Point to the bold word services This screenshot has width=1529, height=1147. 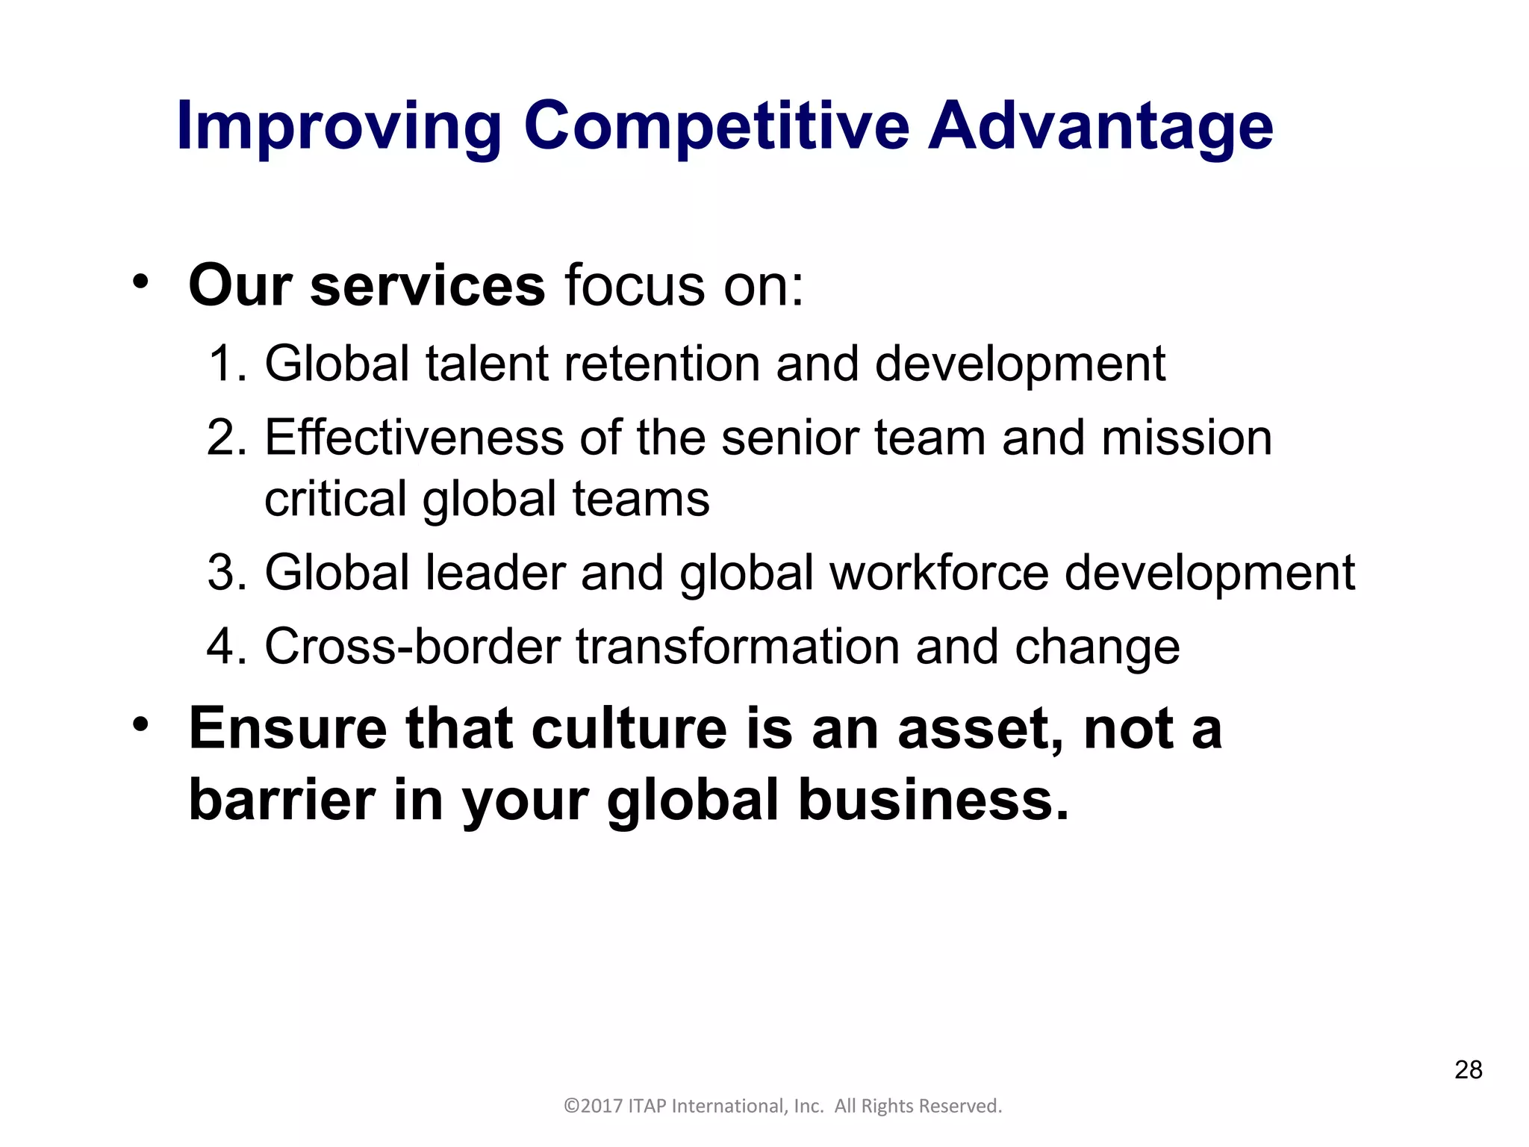(x=427, y=286)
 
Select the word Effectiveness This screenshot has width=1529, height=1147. (x=414, y=438)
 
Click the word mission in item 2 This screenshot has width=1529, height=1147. (x=1186, y=438)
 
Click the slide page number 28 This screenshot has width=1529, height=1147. (x=1468, y=1070)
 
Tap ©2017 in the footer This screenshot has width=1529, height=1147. (x=593, y=1106)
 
